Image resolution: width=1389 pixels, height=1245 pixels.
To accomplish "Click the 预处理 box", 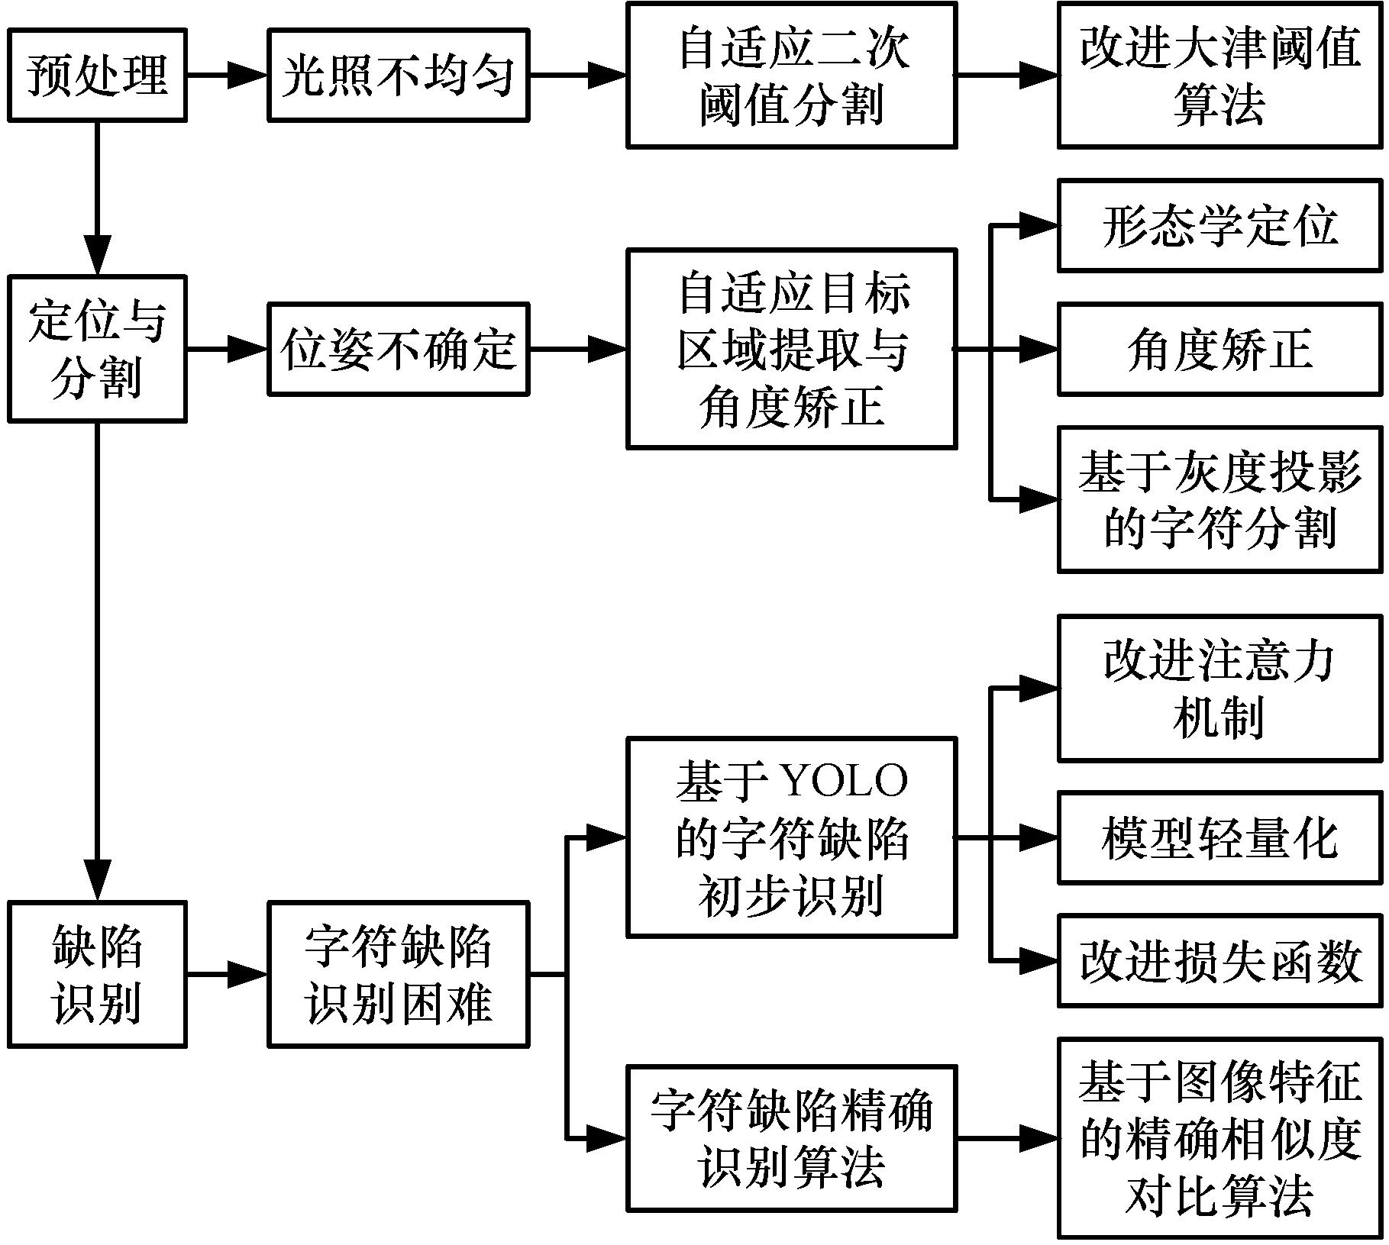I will coord(97,75).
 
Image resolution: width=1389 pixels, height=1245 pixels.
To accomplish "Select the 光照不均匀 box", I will coord(398,75).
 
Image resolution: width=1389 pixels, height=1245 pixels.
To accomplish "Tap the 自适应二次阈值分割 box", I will coord(791,75).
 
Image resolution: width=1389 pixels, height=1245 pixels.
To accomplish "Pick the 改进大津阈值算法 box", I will coord(1219,75).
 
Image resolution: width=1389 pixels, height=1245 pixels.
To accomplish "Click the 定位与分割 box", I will coord(97,349).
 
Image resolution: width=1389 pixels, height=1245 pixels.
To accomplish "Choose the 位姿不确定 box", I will coord(398,349).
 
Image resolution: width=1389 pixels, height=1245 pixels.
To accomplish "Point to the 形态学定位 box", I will coord(1219,225).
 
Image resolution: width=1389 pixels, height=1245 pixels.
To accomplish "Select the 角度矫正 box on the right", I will coord(1219,349).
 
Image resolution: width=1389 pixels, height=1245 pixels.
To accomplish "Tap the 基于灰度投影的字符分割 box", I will coord(1219,499).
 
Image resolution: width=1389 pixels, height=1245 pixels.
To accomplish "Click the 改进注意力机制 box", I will coord(1219,688).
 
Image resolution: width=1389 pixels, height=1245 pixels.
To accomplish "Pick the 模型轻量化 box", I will coord(1219,837).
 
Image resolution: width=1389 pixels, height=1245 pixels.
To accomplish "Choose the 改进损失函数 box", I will coord(1219,960).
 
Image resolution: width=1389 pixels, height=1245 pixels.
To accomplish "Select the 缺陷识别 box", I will coord(97,973).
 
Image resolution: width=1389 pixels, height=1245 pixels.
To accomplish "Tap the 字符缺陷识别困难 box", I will coord(398,973).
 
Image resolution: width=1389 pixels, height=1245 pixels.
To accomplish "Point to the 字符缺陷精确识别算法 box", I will coord(791,1137).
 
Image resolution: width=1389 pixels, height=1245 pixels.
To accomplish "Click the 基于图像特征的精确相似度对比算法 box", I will coord(1219,1137).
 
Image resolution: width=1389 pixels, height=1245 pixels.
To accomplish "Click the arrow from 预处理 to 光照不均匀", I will coord(227,75).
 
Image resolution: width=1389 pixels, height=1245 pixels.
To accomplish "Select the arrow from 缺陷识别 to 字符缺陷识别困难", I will coord(227,973).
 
